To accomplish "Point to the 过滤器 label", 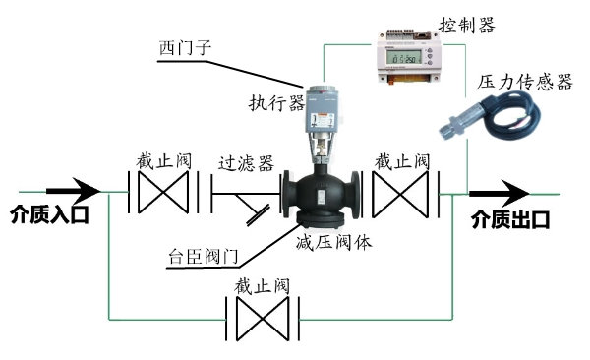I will (x=245, y=161).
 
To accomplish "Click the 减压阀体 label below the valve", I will (x=333, y=242).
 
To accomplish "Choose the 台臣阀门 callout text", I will (x=202, y=260).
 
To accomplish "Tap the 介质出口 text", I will (x=510, y=217).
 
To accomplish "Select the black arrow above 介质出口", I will (x=499, y=193).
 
